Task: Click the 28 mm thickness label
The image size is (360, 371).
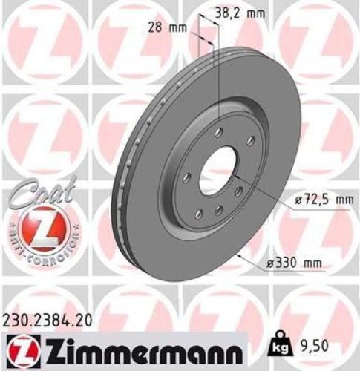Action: point(164,27)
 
